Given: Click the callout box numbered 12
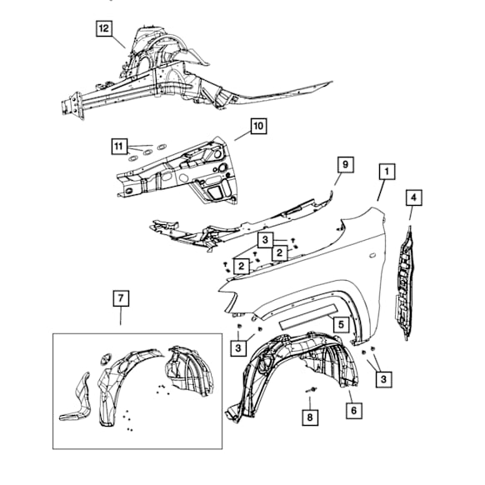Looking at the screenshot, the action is (x=104, y=28).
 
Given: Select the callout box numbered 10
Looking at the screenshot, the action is (x=258, y=126).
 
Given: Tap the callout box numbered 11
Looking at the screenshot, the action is (x=119, y=146).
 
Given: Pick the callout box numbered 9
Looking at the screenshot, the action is (x=345, y=164).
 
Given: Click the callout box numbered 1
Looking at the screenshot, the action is (x=387, y=172).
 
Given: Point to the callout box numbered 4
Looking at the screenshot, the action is (x=414, y=197).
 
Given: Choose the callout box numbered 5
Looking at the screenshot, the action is (x=341, y=324).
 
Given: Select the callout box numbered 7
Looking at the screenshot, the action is (x=121, y=298).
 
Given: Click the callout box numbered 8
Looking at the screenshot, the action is (x=310, y=417).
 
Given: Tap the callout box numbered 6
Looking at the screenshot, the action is (x=354, y=411).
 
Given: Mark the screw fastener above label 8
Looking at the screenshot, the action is (x=312, y=389).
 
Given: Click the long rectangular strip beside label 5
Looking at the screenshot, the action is (x=308, y=317).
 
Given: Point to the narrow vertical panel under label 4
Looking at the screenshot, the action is (x=406, y=283).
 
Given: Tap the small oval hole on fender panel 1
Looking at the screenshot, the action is (x=372, y=255).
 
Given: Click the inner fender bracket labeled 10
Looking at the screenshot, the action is (x=177, y=172).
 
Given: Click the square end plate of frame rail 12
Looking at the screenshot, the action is (x=72, y=105).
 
